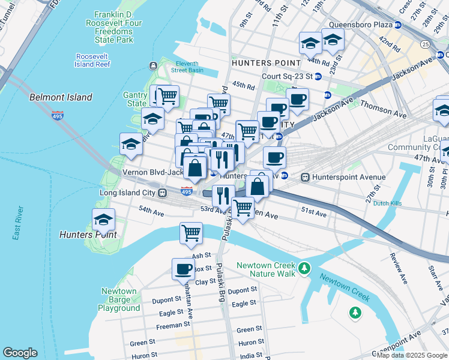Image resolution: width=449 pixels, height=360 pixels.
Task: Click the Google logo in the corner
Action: click(20, 353)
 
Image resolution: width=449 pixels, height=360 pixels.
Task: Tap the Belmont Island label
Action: click(61, 97)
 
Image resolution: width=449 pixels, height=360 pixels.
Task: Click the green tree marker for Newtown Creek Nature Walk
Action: click(305, 267)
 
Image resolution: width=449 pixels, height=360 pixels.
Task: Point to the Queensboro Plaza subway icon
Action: click(397, 25)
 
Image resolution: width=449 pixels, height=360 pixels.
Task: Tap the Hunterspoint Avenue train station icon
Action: click(306, 177)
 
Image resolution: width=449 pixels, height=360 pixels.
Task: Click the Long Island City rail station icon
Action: click(162, 193)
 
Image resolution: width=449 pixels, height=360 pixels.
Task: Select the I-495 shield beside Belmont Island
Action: click(58, 115)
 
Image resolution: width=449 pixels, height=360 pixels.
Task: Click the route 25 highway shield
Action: click(425, 44)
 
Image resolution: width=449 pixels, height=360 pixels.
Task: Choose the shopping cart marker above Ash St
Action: click(191, 233)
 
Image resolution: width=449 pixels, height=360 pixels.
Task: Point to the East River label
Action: click(17, 223)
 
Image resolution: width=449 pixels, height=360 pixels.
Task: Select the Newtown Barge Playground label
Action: click(119, 299)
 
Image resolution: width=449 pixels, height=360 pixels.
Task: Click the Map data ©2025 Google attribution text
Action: click(412, 355)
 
